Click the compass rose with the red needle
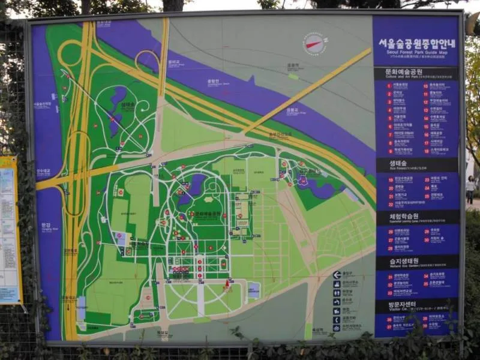pyautogui.click(x=314, y=43)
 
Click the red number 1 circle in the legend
pyautogui.click(x=389, y=85)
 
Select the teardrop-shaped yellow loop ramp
pyautogui.click(x=147, y=60)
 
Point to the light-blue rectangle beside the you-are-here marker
pyautogui.click(x=254, y=290)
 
